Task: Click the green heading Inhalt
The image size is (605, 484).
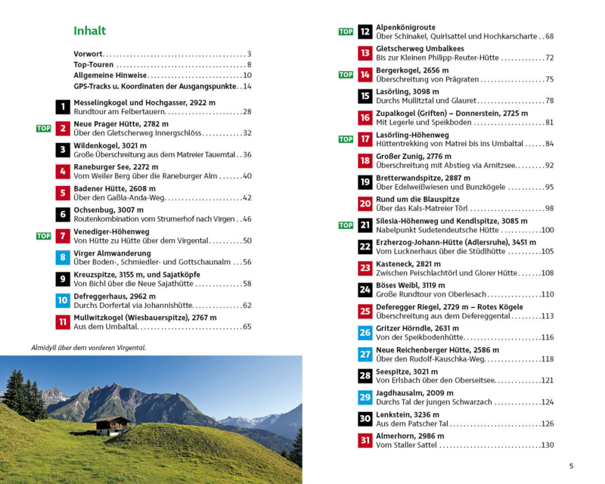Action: click(89, 31)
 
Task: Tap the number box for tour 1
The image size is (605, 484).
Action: click(63, 107)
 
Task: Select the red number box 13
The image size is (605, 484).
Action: click(365, 53)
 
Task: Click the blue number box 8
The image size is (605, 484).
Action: click(63, 257)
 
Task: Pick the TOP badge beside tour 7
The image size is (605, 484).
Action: click(44, 236)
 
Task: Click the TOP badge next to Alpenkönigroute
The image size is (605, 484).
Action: click(346, 32)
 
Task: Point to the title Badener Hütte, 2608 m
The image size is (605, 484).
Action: click(114, 188)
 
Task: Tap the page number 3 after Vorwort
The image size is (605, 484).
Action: click(249, 54)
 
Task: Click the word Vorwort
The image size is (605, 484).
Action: click(88, 54)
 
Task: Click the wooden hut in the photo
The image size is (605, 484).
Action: click(112, 426)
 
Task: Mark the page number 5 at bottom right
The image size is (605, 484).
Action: click(571, 465)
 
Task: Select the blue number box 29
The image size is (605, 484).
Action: click(365, 397)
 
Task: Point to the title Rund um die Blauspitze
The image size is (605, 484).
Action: click(417, 200)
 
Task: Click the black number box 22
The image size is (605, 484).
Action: click(365, 247)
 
